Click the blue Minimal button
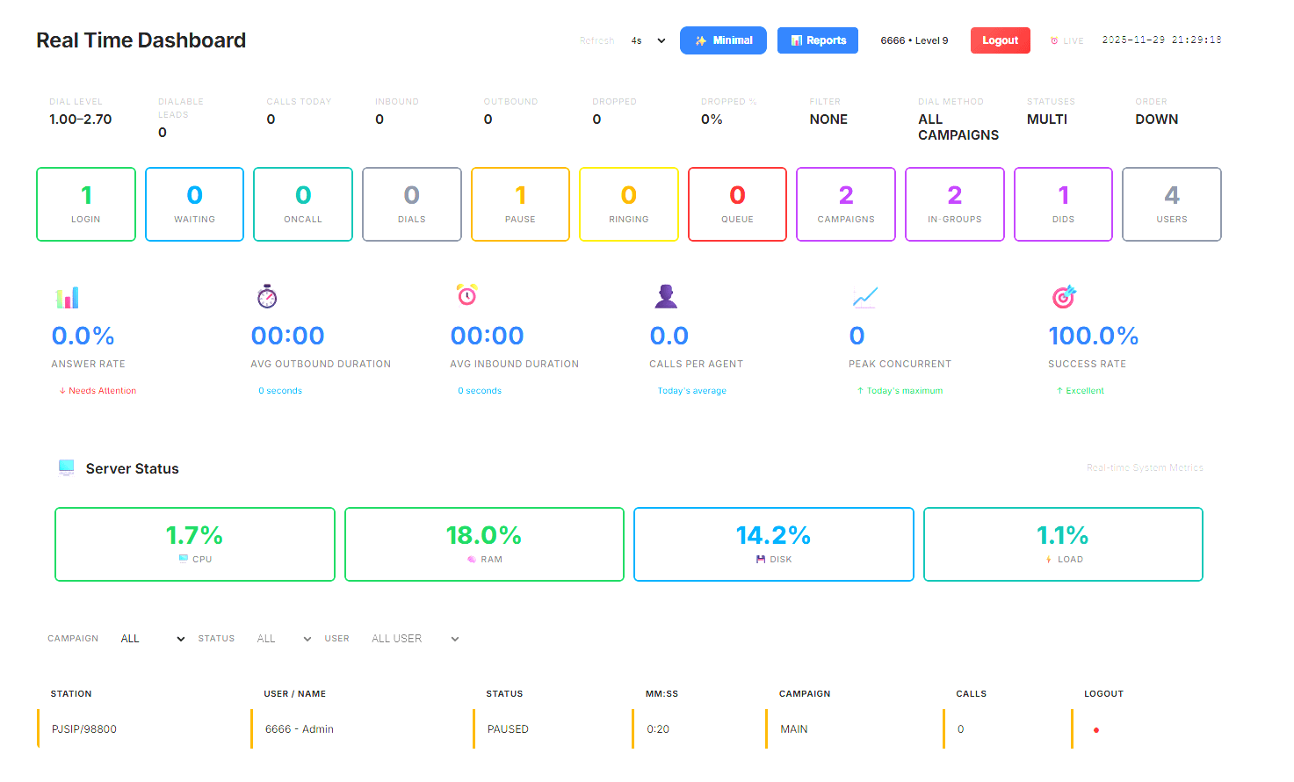[723, 40]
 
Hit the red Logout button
[1000, 40]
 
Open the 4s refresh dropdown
[648, 40]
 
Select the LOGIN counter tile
[86, 204]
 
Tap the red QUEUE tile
[737, 204]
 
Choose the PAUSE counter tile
[520, 204]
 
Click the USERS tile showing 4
[1171, 204]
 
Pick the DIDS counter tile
[1063, 204]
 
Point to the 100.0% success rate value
[1093, 336]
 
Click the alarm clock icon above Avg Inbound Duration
[467, 295]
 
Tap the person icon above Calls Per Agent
[666, 296]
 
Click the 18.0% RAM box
[484, 544]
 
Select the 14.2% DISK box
[773, 544]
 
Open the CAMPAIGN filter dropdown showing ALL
[153, 639]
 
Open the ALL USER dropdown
[415, 639]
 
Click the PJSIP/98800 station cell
[84, 729]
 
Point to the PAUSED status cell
[508, 729]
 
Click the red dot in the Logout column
[1096, 730]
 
